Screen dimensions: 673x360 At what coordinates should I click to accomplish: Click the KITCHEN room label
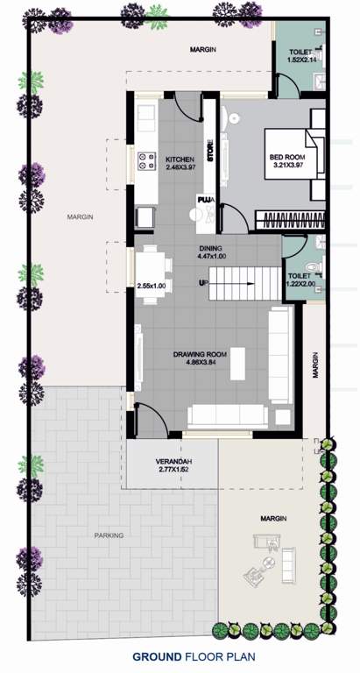tap(179, 159)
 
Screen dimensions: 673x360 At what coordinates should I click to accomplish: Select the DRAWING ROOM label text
tap(200, 354)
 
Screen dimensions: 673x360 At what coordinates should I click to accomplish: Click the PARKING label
tap(109, 535)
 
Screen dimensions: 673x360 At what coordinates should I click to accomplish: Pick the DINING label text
tap(213, 247)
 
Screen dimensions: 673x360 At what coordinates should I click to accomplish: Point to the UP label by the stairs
tap(204, 283)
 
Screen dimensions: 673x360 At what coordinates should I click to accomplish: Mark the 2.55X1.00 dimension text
tap(152, 286)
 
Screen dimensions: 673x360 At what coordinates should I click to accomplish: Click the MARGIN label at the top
tap(203, 49)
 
